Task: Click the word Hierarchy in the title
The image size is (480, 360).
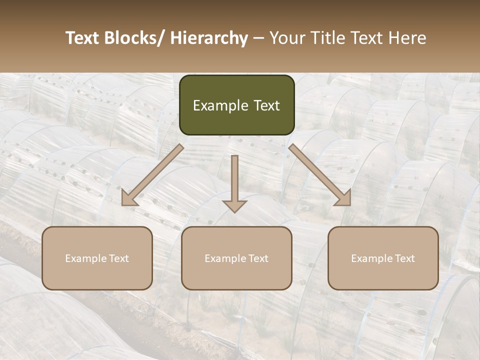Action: pyautogui.click(x=209, y=38)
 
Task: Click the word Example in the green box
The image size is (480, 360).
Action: pyautogui.click(x=218, y=105)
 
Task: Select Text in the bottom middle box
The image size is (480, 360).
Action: pyautogui.click(x=256, y=258)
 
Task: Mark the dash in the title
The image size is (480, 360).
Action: pyautogui.click(x=258, y=38)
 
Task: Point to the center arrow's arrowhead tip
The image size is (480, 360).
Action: pyautogui.click(x=234, y=212)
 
